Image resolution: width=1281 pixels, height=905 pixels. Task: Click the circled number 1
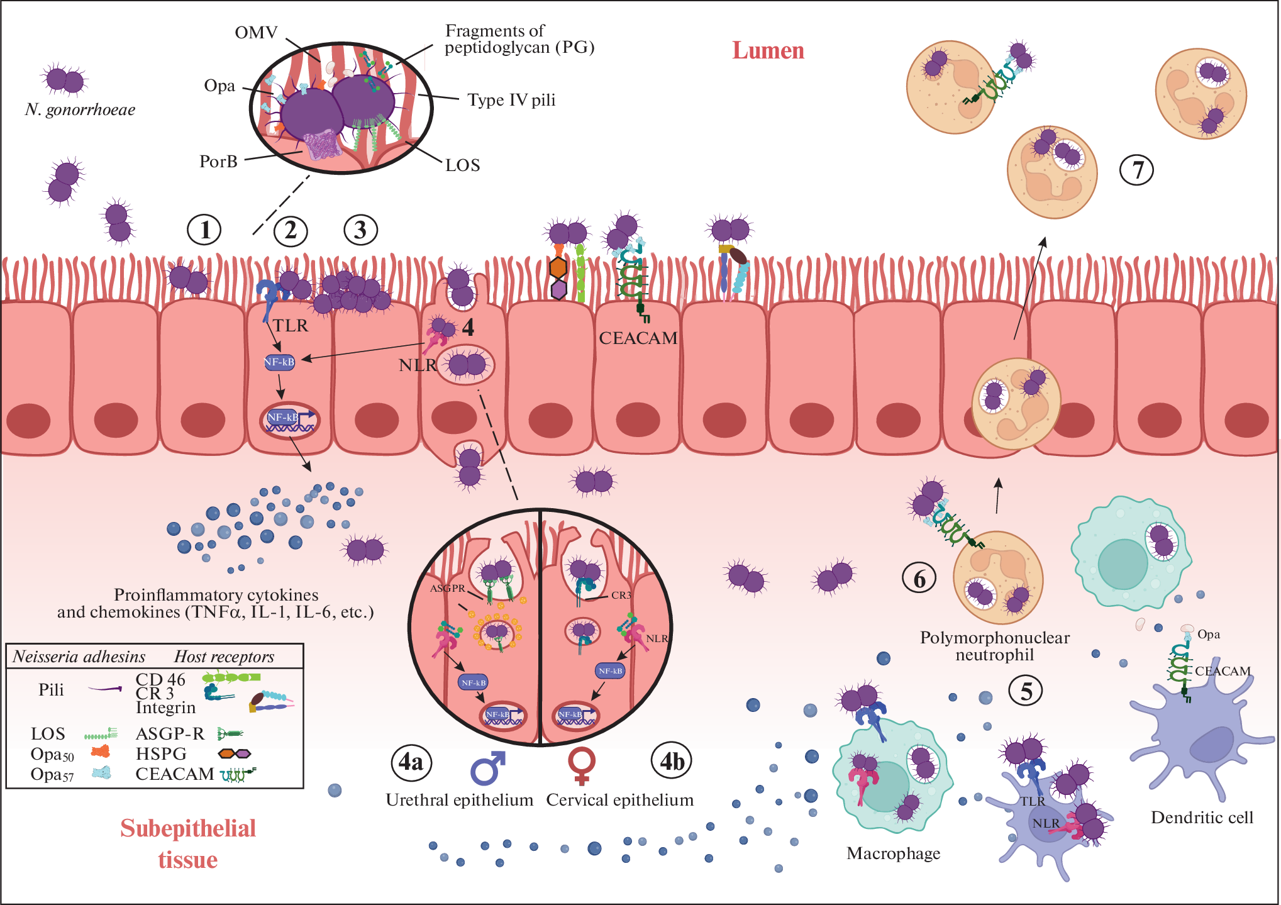tap(204, 230)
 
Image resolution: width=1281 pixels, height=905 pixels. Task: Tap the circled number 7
tap(1137, 170)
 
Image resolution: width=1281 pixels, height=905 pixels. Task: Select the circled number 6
tap(919, 578)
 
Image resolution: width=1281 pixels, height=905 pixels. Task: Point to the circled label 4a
tap(411, 762)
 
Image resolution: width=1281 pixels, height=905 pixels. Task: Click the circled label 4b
tap(672, 762)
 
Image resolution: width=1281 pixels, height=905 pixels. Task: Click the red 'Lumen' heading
tap(768, 50)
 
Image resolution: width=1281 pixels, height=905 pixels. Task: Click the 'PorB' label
tap(218, 162)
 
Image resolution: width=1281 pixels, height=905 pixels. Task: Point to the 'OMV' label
tap(256, 33)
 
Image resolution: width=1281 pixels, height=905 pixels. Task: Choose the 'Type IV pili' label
tap(511, 100)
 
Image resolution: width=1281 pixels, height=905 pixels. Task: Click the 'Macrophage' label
tap(893, 853)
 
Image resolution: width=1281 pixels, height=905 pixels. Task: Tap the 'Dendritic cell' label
tap(1202, 818)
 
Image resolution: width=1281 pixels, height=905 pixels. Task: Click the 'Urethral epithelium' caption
tap(459, 800)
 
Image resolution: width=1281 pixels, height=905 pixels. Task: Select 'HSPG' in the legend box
tap(161, 753)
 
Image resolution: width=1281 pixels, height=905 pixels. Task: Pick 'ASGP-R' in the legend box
tap(170, 733)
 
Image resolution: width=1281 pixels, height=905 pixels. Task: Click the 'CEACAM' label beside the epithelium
tap(638, 338)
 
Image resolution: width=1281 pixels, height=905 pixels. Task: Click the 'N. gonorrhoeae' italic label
tap(80, 110)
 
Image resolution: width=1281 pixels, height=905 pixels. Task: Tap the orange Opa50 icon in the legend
tap(101, 751)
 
